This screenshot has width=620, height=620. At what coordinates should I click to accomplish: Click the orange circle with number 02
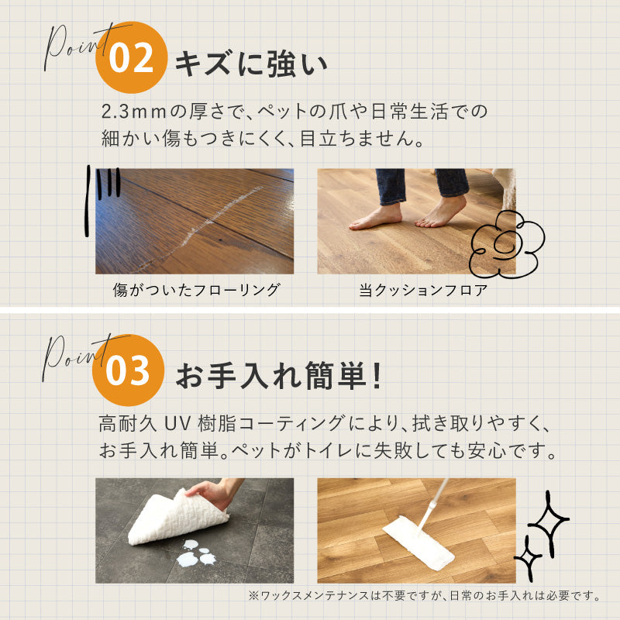click(x=131, y=60)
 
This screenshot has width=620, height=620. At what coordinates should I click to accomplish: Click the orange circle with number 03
click(x=129, y=371)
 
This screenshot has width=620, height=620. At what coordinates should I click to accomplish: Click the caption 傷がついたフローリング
click(x=195, y=291)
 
